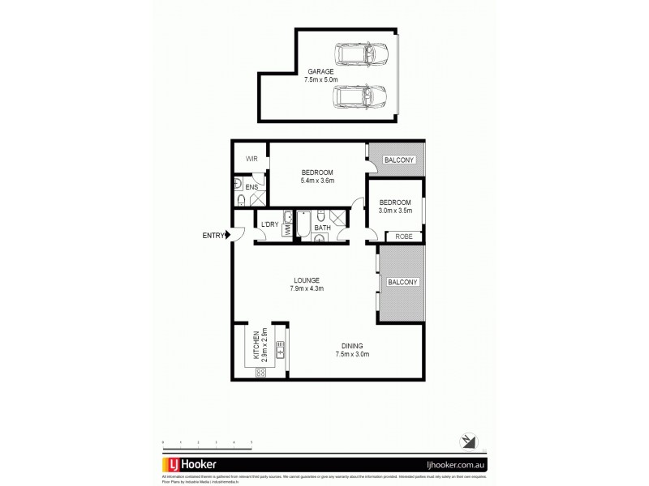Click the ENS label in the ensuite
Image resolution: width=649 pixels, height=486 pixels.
click(x=251, y=187)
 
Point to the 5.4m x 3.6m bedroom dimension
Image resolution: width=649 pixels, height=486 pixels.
click(x=316, y=181)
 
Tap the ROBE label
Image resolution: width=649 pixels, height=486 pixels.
click(x=403, y=237)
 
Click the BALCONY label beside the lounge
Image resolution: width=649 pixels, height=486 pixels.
click(x=402, y=282)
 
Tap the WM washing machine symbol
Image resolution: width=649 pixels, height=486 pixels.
click(x=287, y=230)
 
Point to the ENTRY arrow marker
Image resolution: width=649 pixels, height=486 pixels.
click(x=230, y=236)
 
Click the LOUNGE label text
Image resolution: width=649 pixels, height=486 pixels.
click(x=306, y=280)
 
